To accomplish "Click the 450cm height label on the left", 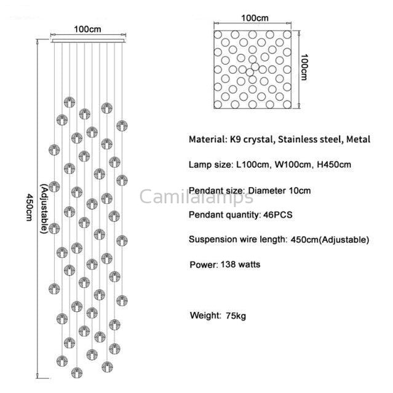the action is [x=30, y=207].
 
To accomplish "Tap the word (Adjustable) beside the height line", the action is [x=44, y=208].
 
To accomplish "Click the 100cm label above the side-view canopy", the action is [x=87, y=30].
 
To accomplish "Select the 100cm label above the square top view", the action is [x=255, y=18].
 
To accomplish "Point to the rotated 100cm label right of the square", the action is [x=304, y=67].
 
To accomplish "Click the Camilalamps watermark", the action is [x=196, y=197].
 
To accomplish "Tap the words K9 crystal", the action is [x=252, y=140].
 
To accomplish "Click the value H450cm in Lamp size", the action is [x=334, y=165].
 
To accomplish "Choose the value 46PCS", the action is [x=278, y=215].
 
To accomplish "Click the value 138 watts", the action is [x=240, y=264].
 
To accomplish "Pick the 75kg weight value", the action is [x=236, y=316].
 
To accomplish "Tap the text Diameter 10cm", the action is [x=279, y=191].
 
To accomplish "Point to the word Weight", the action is [x=205, y=316].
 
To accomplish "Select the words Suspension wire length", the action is [x=237, y=240].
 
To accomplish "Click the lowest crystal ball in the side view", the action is [x=77, y=373].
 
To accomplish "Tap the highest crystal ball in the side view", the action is [x=69, y=102].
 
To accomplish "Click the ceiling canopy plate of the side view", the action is [x=88, y=41].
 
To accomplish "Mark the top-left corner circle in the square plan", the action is [x=218, y=34].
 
